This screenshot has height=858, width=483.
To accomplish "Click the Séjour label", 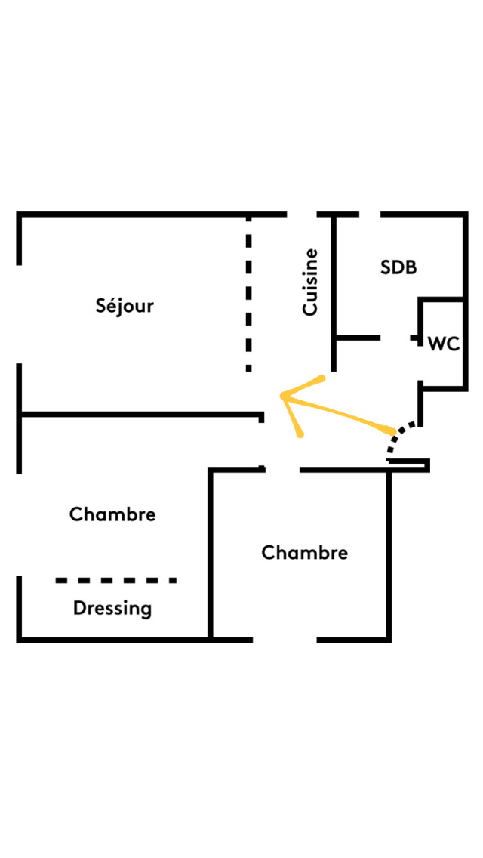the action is (x=125, y=306).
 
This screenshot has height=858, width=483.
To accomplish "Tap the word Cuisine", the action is (x=310, y=282).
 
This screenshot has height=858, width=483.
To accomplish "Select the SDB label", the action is (x=398, y=267).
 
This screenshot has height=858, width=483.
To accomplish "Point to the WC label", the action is (x=444, y=344).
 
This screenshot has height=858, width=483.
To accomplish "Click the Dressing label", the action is (x=112, y=609).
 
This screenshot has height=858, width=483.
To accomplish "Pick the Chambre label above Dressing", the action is (x=112, y=514).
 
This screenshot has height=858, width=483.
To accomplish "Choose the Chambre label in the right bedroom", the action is (x=304, y=553).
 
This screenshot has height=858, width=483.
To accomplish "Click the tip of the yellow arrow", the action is (x=281, y=395).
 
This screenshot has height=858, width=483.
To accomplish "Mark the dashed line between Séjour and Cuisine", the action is (x=249, y=294).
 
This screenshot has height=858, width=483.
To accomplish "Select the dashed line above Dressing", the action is (x=116, y=580).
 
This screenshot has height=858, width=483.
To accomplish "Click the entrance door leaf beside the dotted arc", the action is (x=408, y=465).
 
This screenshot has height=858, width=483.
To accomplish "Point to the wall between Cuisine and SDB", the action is (x=334, y=293).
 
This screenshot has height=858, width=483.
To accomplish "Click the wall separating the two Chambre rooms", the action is (x=211, y=554).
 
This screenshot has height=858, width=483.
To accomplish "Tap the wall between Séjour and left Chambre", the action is (x=140, y=414).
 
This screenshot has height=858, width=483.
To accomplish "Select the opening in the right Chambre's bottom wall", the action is (x=285, y=639).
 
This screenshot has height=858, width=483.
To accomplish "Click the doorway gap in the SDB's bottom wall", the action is (x=395, y=338).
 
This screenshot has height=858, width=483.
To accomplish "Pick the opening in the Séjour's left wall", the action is (x=19, y=314).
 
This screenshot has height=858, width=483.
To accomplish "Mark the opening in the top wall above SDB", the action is (x=371, y=214).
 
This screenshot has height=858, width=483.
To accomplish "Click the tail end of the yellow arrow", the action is (x=392, y=431).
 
